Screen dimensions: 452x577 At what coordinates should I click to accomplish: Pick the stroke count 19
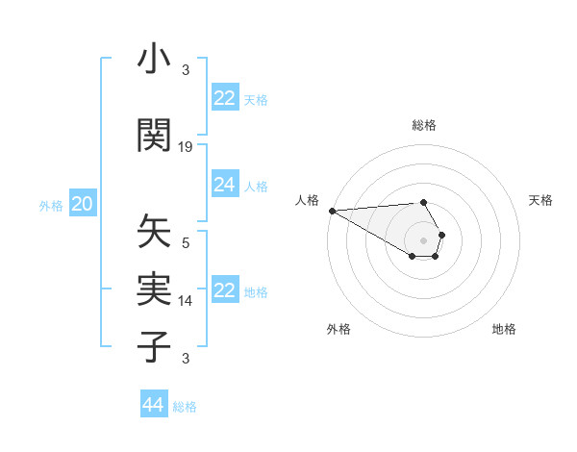pyautogui.click(x=186, y=147)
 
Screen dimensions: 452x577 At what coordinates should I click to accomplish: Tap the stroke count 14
pyautogui.click(x=186, y=301)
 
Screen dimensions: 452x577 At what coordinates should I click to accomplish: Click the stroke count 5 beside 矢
pyautogui.click(x=186, y=243)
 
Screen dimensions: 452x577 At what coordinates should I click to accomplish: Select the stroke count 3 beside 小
pyautogui.click(x=186, y=70)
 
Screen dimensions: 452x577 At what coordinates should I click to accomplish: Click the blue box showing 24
pyautogui.click(x=225, y=185)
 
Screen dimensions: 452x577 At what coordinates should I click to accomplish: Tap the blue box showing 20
pyautogui.click(x=83, y=204)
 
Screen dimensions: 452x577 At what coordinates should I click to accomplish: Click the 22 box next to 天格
pyautogui.click(x=225, y=98)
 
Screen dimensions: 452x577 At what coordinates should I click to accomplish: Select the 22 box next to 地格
pyautogui.click(x=225, y=290)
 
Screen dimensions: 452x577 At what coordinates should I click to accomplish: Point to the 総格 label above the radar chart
pyautogui.click(x=424, y=125)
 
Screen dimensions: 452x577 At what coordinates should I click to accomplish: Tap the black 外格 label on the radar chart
pyautogui.click(x=339, y=329)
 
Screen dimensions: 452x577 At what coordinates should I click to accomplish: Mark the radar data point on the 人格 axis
pyautogui.click(x=331, y=211)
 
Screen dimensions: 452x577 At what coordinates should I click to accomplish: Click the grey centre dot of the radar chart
pyautogui.click(x=424, y=240)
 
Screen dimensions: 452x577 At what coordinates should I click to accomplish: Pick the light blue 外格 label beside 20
pyautogui.click(x=51, y=205)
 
